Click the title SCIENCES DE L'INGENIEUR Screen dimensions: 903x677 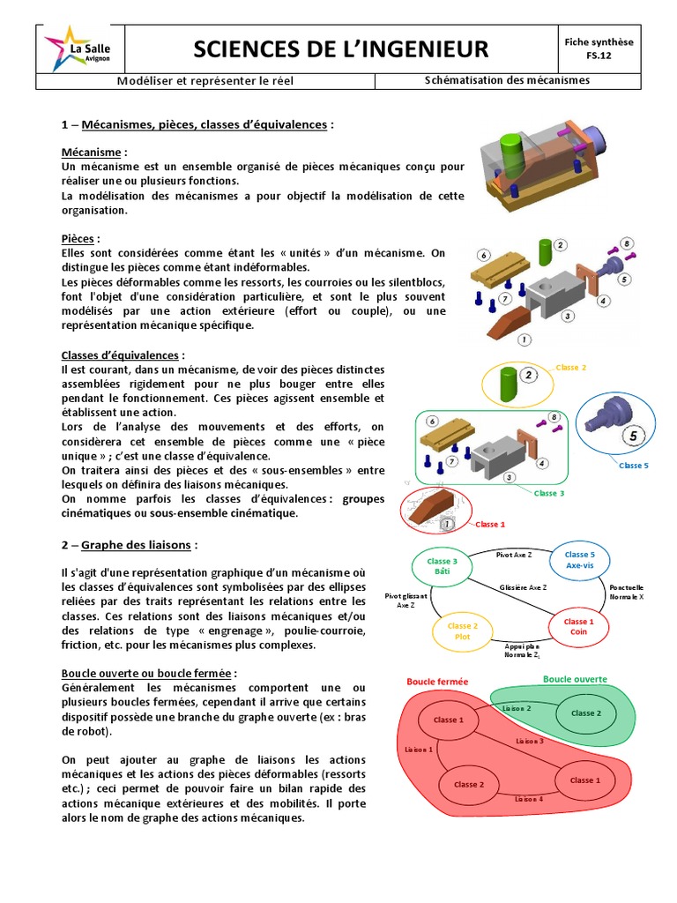click(340, 48)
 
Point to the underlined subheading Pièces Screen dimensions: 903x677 click(79, 239)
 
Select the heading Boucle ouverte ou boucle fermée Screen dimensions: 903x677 click(146, 673)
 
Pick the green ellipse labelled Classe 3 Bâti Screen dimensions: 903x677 click(442, 567)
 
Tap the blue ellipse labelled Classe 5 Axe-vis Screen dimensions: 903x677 click(580, 560)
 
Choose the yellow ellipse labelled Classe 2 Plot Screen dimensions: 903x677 click(463, 631)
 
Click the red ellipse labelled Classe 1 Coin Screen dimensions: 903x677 click(578, 627)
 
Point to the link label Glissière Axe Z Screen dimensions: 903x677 click(523, 586)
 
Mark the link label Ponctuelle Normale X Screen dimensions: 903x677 click(627, 592)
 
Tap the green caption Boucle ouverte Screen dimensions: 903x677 click(574, 679)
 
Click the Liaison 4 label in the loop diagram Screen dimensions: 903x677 click(529, 798)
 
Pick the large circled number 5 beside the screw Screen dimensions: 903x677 click(632, 435)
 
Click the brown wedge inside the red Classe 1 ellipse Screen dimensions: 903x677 click(428, 509)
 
